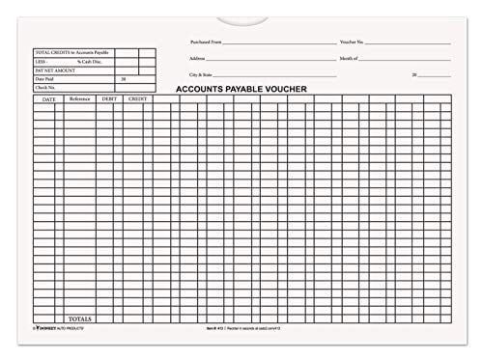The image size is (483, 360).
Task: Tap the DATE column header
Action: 47,99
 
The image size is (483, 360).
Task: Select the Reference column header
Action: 79,99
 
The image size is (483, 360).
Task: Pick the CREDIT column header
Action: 136,99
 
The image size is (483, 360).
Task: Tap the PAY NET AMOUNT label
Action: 54,69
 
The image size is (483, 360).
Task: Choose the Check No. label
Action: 45,88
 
